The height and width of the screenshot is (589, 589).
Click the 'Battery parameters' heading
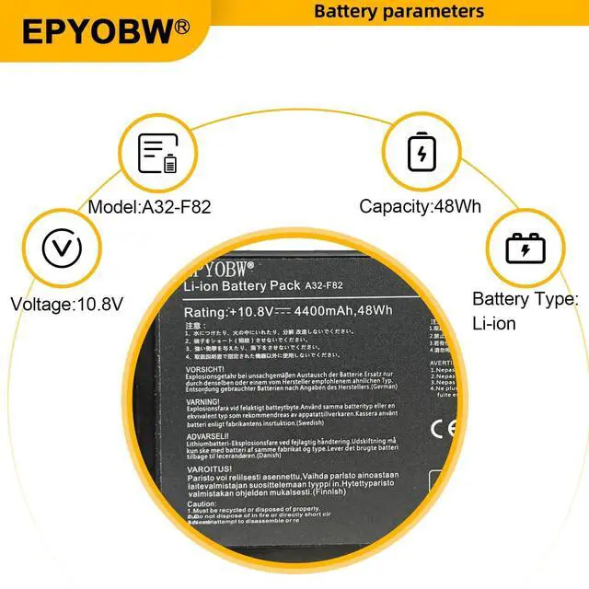pyautogui.click(x=398, y=11)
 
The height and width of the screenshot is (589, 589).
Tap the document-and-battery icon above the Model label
pyautogui.click(x=157, y=154)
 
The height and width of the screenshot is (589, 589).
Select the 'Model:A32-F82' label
pyautogui.click(x=149, y=207)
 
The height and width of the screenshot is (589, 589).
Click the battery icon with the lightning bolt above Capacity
pyautogui.click(x=422, y=153)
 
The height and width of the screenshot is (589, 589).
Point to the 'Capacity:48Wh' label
pyautogui.click(x=420, y=207)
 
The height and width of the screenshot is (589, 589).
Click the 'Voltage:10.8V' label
pyautogui.click(x=66, y=303)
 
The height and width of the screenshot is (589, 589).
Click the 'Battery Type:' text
pyautogui.click(x=525, y=299)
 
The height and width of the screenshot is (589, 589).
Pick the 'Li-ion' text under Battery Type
pyautogui.click(x=494, y=324)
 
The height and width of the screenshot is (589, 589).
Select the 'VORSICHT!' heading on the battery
pyautogui.click(x=205, y=369)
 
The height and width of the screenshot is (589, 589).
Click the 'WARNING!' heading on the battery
pyautogui.click(x=202, y=402)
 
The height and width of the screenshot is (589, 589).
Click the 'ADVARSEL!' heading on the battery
pyautogui.click(x=207, y=435)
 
